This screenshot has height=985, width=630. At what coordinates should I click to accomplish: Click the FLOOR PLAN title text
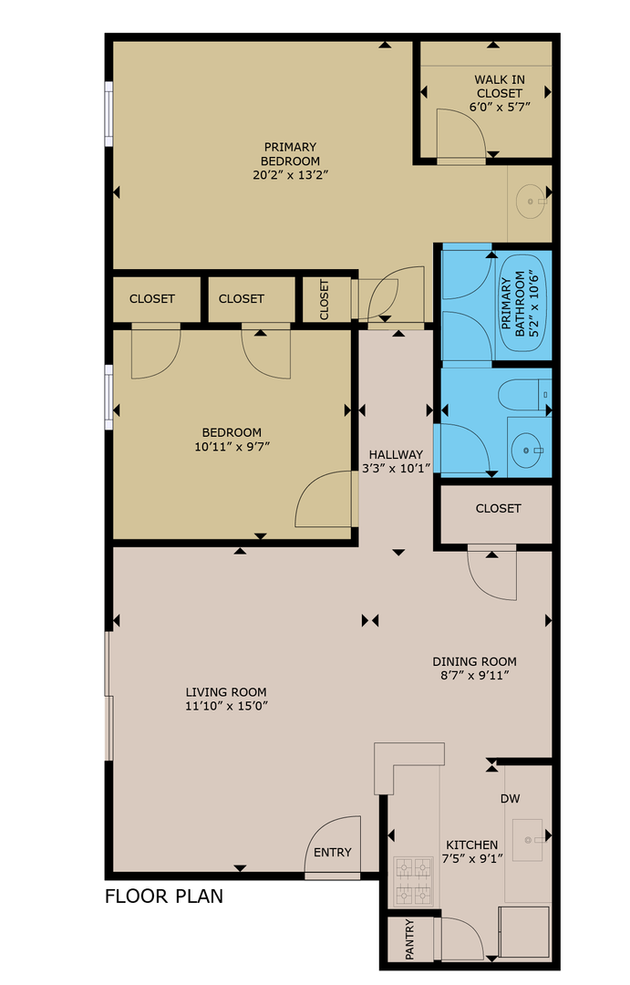coord(164,896)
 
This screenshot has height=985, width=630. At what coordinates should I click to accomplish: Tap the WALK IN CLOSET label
coord(499,87)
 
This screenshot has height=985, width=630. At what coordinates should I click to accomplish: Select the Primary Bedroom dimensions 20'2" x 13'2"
coord(290,175)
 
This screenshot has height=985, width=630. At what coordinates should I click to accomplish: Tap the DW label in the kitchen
coord(510,799)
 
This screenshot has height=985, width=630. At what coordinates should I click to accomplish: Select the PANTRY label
coord(409,939)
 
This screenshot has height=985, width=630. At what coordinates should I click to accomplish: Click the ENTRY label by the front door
coord(333,853)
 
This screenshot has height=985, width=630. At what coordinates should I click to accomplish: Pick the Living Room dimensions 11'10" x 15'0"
coord(226,706)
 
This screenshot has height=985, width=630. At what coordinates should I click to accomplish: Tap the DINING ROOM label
coord(474,662)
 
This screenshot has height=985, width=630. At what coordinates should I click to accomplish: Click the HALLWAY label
coord(396,455)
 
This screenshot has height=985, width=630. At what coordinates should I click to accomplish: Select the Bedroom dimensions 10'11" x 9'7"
coord(232,446)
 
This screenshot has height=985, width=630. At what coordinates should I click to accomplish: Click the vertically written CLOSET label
coord(325,299)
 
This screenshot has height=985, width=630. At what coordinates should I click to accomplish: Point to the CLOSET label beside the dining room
coord(498,509)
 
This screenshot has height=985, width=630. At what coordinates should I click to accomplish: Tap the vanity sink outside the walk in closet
coord(529,201)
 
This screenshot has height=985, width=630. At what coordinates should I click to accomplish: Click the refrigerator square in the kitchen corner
coord(524,932)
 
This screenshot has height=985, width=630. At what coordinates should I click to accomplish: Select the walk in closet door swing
coord(461,134)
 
